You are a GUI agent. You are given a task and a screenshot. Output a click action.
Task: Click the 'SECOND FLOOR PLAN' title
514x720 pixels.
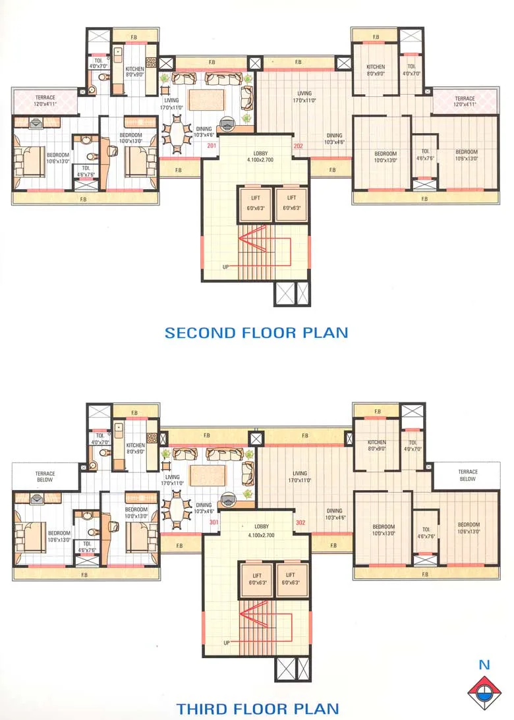pos(256,332)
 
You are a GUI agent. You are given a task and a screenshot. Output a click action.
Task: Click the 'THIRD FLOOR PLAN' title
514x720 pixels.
pos(258,709)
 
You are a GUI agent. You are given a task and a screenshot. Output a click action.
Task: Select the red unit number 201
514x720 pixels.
pos(212,146)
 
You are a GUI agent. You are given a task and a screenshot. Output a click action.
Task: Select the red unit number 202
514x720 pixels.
pos(299,146)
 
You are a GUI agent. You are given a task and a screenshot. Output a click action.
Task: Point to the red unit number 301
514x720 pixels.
pos(214,523)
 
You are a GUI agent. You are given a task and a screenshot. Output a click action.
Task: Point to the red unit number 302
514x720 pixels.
pos(301,523)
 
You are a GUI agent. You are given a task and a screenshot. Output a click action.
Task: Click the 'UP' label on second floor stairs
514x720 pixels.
pos(226,267)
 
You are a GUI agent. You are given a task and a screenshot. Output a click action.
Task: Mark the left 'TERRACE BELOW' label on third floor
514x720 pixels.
pos(45,476)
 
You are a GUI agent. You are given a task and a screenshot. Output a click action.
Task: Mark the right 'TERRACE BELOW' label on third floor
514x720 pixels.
pos(467,475)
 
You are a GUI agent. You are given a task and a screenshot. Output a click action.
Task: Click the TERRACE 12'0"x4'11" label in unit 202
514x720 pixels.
pos(464,101)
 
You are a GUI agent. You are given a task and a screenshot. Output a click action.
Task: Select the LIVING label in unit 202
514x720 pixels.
pos(304,97)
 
